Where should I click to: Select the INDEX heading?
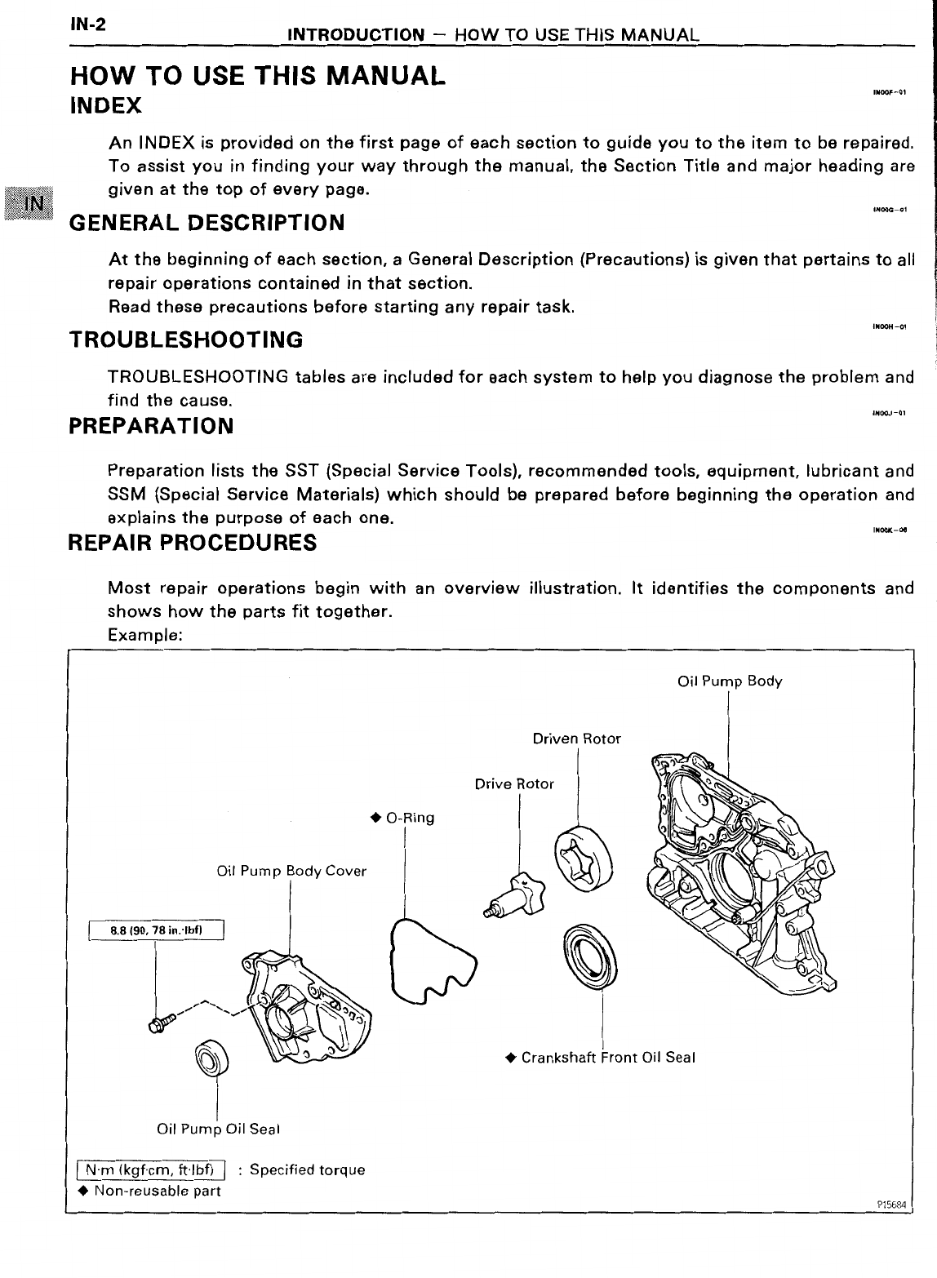click(x=107, y=106)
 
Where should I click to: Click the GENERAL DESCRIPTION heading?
click(x=206, y=223)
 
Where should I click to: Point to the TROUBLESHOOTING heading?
click(x=186, y=339)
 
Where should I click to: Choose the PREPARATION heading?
click(x=152, y=426)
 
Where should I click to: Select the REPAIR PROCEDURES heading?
click(x=193, y=543)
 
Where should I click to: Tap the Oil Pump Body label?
click(x=730, y=681)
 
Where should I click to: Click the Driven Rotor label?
click(x=576, y=739)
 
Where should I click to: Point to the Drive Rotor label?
click(x=514, y=784)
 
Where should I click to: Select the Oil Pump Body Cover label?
click(x=291, y=871)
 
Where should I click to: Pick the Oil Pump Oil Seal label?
click(x=218, y=1129)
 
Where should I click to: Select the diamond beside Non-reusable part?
click(x=79, y=1191)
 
